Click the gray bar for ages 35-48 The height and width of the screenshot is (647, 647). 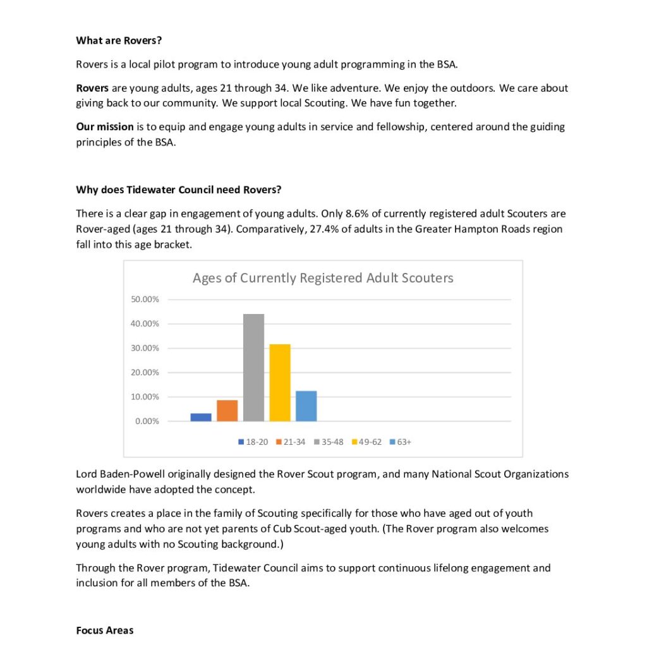[x=253, y=367]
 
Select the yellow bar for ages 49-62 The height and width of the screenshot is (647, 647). [x=280, y=382]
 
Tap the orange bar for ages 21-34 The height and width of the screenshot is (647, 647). [x=227, y=411]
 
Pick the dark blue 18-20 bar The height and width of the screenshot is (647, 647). [x=201, y=417]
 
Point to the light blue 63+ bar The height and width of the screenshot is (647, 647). [x=306, y=406]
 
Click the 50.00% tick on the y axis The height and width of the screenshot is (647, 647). [x=145, y=299]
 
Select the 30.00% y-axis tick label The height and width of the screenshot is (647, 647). [x=145, y=348]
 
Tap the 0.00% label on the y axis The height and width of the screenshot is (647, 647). [x=147, y=421]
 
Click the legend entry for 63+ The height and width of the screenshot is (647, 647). [x=401, y=442]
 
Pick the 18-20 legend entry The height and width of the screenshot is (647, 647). [x=253, y=442]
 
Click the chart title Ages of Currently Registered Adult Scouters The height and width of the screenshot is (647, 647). [x=323, y=278]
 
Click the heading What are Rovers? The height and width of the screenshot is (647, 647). [x=119, y=40]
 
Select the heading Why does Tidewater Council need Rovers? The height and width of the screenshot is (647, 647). [x=179, y=190]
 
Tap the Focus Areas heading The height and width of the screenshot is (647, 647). [x=105, y=631]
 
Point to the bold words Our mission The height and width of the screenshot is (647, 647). [x=105, y=126]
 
